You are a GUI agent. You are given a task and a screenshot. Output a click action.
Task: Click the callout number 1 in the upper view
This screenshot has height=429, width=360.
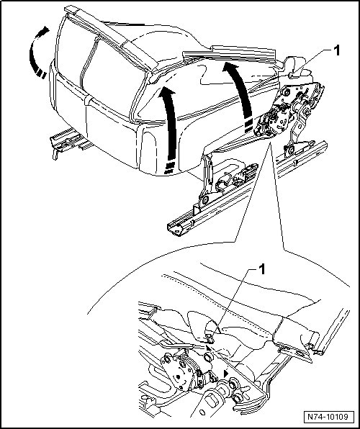[x=336, y=50]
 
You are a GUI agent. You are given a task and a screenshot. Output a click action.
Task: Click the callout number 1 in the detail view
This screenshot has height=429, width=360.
[x=261, y=269]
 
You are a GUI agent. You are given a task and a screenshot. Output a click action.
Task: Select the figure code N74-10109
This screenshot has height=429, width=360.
[x=328, y=417]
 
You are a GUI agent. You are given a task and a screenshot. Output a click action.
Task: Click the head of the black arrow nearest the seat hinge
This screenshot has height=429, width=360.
[x=230, y=68]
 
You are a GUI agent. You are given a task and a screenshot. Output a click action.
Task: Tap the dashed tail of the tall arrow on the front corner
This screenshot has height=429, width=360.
[x=169, y=168]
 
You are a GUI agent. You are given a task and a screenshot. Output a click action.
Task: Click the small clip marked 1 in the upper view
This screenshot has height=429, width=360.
[x=292, y=75]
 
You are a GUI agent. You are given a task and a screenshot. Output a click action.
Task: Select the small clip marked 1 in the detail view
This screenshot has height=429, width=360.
[x=210, y=339]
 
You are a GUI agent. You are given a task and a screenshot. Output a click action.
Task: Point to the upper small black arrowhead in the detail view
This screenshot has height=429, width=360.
[x=209, y=348]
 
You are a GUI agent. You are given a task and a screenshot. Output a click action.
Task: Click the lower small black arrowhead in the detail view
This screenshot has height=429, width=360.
[x=226, y=374]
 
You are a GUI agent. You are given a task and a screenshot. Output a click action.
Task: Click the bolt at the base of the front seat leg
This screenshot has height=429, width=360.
[x=204, y=200]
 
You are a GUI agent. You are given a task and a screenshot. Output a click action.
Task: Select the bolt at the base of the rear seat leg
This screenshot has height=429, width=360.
[x=290, y=150]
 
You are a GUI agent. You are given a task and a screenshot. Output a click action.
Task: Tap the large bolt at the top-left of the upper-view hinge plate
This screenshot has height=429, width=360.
[x=287, y=92]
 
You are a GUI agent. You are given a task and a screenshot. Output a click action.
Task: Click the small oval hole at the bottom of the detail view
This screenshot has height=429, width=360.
[x=202, y=412]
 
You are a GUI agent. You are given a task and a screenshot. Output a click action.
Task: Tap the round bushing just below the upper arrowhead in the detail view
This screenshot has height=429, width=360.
[x=208, y=357]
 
